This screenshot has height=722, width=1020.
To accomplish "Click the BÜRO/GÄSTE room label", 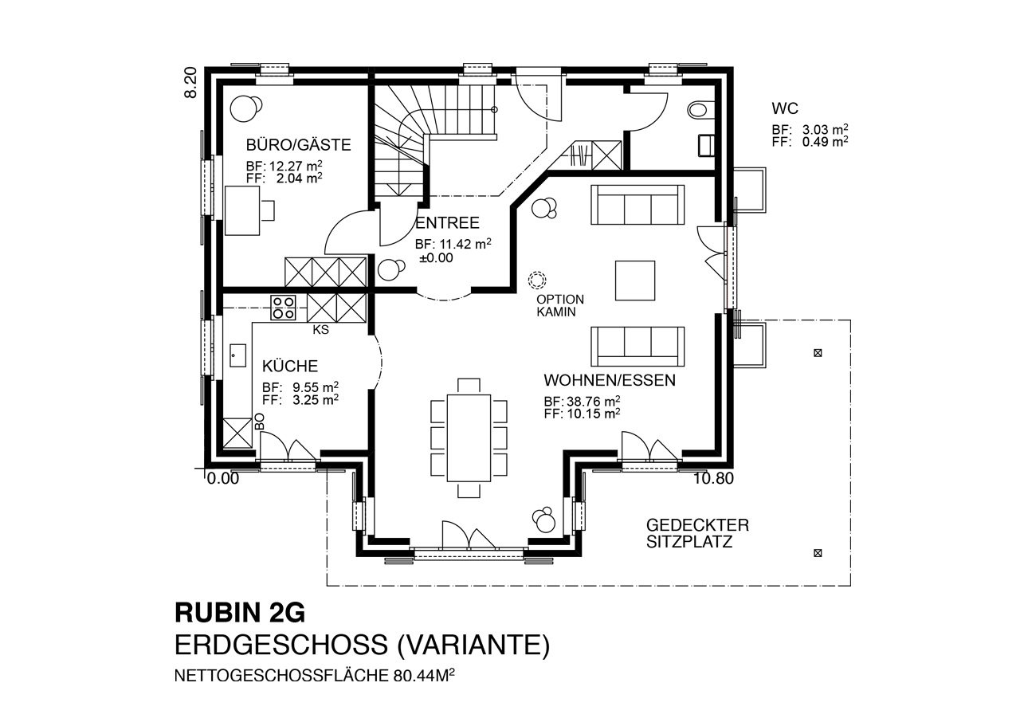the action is [x=298, y=145].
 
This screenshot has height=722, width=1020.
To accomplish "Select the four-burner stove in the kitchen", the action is [x=283, y=308].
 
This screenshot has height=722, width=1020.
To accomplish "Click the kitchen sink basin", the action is [x=237, y=355].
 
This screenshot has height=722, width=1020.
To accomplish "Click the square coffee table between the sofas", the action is [x=635, y=281].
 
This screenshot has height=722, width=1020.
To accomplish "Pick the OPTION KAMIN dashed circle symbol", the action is [x=537, y=280].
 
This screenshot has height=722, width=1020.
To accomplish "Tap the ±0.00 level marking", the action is [x=436, y=257].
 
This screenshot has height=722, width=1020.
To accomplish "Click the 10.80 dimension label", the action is [x=713, y=478].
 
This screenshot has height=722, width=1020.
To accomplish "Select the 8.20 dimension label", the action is [x=190, y=82].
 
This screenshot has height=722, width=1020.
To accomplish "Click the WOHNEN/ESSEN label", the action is [x=610, y=380].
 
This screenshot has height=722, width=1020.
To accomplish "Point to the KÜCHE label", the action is [x=290, y=366].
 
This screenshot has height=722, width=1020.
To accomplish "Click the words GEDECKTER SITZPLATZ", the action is [x=697, y=533].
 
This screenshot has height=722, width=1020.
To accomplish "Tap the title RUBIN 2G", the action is [x=240, y=613].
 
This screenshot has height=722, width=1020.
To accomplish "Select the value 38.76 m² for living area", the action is [x=594, y=401].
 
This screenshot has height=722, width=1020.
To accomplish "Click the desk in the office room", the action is [x=242, y=210].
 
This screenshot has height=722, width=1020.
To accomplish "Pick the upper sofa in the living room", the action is [x=637, y=204].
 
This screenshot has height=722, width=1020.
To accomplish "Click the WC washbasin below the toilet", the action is [x=705, y=145].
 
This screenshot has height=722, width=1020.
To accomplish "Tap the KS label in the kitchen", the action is [x=320, y=330].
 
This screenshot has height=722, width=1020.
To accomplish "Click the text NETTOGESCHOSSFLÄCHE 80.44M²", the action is [x=315, y=676].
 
